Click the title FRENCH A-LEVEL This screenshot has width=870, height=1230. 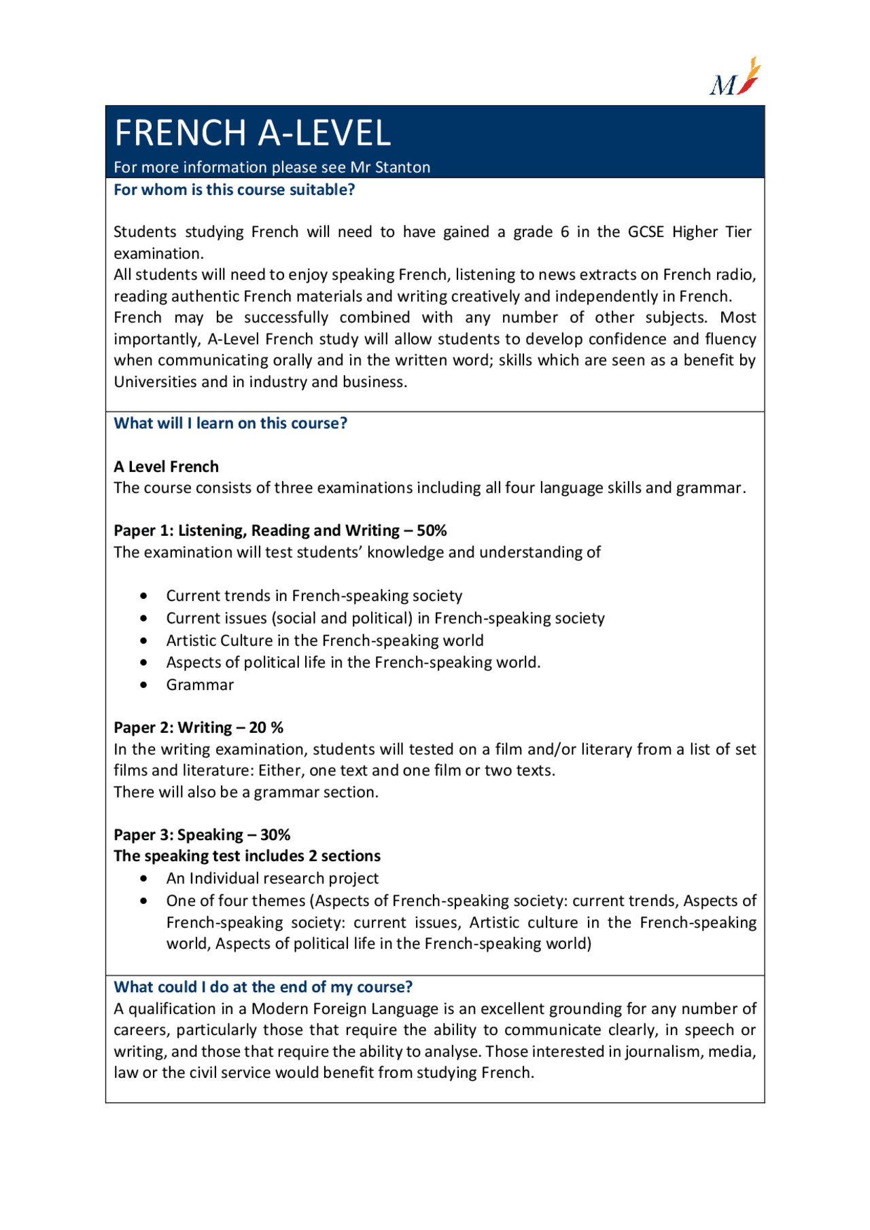coord(252,133)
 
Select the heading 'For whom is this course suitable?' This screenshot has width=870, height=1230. coord(234,189)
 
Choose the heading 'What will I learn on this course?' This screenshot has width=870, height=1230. coord(230,423)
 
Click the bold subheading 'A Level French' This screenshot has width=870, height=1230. coord(166,467)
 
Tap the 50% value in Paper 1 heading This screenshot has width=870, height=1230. coord(432,530)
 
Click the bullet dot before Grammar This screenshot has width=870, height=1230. coord(143,685)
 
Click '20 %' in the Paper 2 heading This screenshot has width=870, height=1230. coord(266,727)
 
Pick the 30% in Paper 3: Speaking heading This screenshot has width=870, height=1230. coord(275,835)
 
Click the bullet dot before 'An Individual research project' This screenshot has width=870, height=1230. coord(143,878)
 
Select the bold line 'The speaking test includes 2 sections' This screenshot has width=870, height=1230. coord(247,856)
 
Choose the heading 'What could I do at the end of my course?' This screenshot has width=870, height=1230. coord(263,987)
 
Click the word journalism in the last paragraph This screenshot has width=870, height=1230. coord(663,1051)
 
